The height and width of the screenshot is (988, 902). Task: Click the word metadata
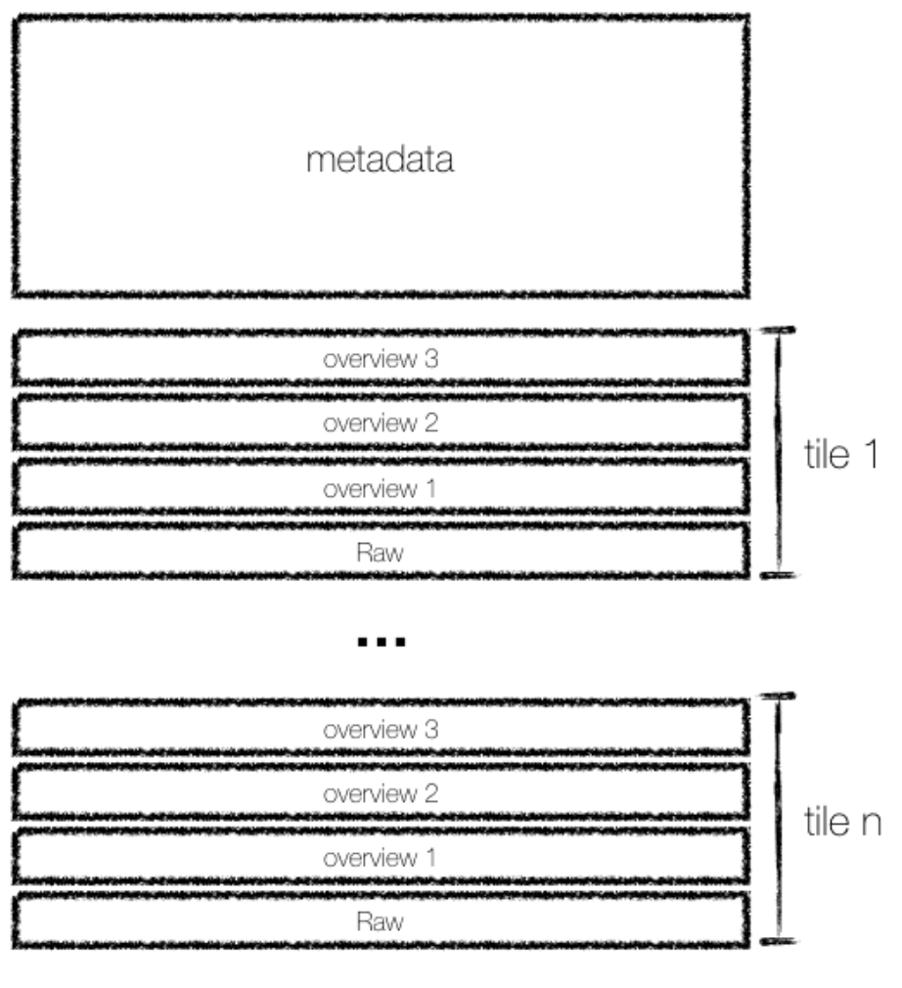point(380,159)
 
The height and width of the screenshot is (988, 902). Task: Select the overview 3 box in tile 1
point(381,357)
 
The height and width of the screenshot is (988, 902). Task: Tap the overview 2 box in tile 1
point(381,423)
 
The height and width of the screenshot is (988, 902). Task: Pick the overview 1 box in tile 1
point(381,487)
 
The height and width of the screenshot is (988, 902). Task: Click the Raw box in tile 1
point(381,552)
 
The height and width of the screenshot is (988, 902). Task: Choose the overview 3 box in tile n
point(381,727)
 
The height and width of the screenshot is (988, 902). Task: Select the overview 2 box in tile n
point(381,792)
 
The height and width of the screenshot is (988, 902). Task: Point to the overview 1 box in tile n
point(381,857)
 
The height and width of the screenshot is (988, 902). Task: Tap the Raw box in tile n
point(381,921)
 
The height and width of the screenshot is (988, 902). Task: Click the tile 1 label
point(841,454)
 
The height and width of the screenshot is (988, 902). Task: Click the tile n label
point(842,822)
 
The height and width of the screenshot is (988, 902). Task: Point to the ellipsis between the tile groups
point(382,642)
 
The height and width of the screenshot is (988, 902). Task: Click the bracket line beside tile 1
point(779,452)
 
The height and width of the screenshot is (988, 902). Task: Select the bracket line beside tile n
point(779,819)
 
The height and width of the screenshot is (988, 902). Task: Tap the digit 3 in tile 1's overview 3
point(431,359)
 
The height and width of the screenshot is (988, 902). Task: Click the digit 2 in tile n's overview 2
point(431,793)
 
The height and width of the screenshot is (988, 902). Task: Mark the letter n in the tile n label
point(872,826)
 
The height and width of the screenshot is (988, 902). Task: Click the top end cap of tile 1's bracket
point(778,330)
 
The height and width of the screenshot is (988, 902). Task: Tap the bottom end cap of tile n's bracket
point(778,941)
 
